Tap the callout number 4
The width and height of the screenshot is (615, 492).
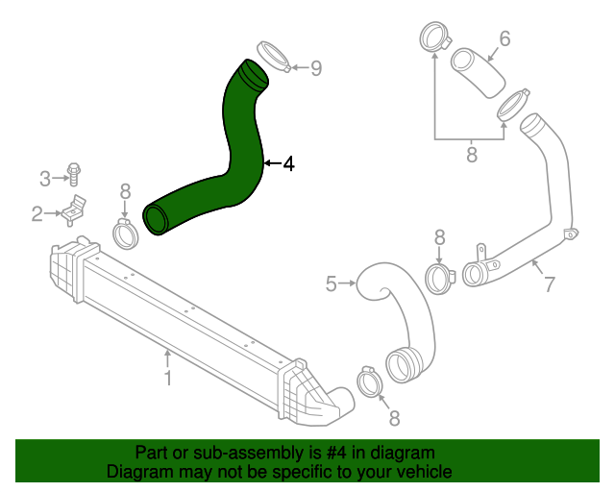tap(288, 163)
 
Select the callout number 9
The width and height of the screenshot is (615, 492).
tap(316, 68)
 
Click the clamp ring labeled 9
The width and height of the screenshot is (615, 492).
tap(273, 57)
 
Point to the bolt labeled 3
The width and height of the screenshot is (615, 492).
tap(73, 174)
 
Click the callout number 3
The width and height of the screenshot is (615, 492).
tap(45, 179)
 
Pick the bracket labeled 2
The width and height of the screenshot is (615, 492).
tap(73, 210)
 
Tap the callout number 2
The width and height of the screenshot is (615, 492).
tap(37, 214)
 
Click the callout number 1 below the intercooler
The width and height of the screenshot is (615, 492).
tap(168, 378)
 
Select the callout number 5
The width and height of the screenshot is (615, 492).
tap(332, 283)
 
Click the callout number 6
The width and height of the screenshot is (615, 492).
tap(504, 38)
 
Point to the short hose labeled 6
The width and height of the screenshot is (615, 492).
tap(478, 73)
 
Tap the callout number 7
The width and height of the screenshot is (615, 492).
tap(550, 284)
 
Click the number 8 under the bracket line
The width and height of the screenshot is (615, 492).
tap(472, 154)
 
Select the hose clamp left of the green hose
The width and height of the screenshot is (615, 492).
tap(126, 234)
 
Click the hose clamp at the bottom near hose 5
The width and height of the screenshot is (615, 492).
tap(369, 382)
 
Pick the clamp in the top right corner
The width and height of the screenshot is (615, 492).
tap(434, 37)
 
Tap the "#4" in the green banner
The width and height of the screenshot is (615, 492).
tap(336, 453)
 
